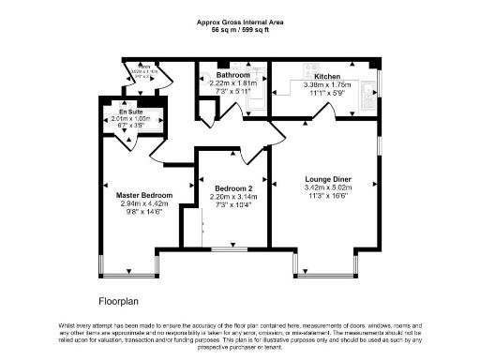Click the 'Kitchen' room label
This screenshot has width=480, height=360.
click(327, 76)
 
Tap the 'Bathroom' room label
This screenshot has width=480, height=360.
click(232, 75)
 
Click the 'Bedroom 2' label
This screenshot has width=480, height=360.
click(228, 187)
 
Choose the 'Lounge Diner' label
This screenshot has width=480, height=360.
click(328, 178)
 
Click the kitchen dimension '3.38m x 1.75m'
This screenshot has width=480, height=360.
click(327, 84)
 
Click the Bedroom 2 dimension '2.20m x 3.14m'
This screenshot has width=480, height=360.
click(228, 196)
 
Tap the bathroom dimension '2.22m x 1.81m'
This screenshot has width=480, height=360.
click(232, 83)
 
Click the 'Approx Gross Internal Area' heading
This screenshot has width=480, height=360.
click(239, 21)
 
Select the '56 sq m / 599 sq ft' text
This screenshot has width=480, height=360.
click(239, 29)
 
